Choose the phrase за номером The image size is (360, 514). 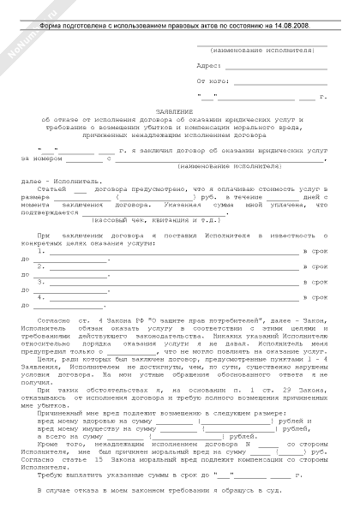click(x=41, y=158)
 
